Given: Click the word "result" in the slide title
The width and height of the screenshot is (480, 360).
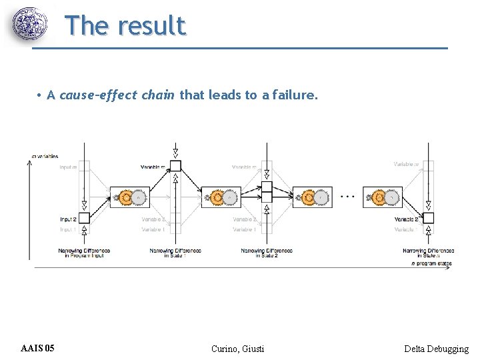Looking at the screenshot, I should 151,25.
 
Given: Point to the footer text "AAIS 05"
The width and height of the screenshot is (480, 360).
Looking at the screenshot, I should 38,349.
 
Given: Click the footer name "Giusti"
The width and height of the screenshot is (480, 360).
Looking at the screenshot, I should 251,349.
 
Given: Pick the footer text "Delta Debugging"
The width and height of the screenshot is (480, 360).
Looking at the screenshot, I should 436,349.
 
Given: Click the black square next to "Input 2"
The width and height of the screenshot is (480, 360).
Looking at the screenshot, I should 83,218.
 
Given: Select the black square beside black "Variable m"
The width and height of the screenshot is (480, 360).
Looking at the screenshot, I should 175,166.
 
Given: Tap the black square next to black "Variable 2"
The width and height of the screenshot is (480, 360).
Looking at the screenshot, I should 429,218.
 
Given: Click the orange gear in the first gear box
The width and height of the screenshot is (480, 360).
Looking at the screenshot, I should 125,197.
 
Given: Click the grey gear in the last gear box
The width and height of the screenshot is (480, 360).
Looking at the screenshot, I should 391,197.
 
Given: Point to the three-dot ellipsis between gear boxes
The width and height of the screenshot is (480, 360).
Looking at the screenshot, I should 347,197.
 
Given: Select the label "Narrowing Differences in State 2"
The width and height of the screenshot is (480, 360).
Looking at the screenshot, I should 267,253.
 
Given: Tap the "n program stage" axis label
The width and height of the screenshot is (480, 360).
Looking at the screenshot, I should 431,264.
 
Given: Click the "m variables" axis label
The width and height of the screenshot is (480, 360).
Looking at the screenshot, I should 45,156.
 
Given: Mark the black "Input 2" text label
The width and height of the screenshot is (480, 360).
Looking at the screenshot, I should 68,219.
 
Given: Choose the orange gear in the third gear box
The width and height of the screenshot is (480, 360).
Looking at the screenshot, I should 308,197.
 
